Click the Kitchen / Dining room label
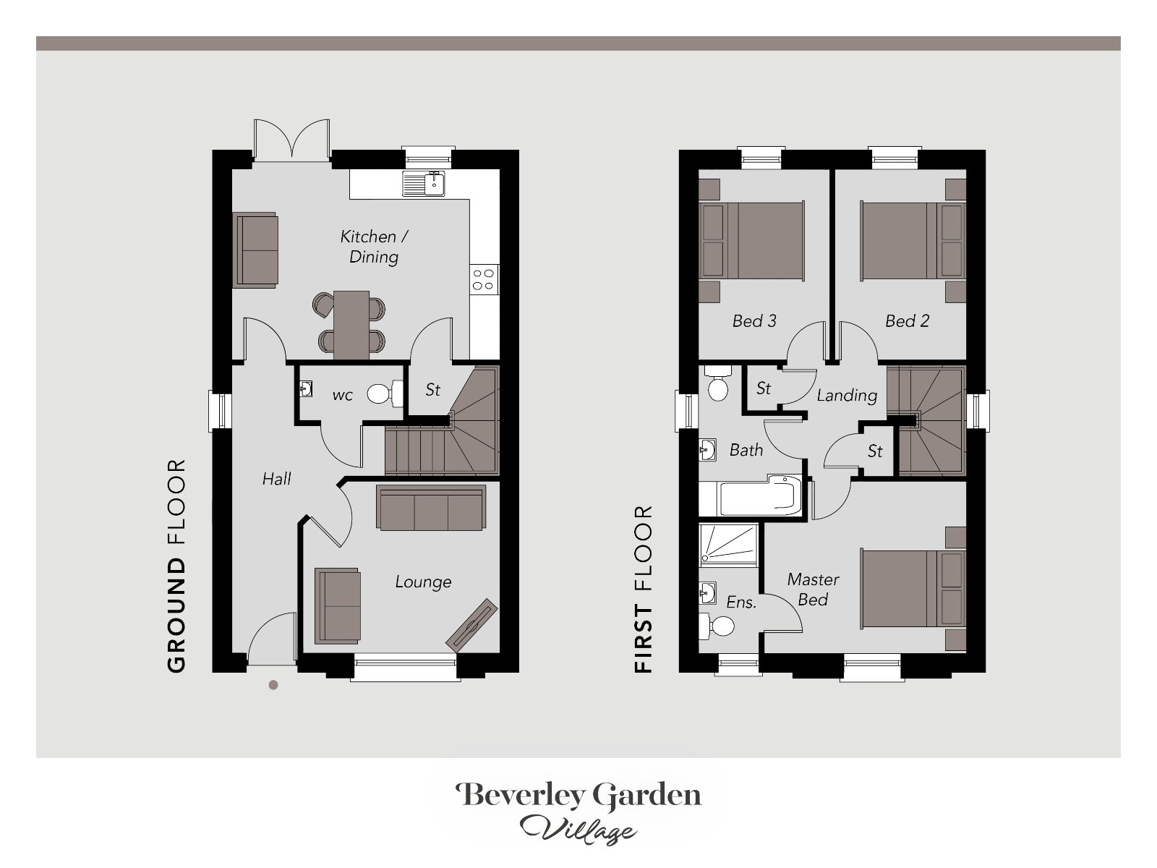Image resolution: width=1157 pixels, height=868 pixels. point(374,247)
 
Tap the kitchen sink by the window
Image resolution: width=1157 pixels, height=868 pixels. point(423,183)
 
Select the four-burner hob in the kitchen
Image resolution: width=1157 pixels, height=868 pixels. point(483,279)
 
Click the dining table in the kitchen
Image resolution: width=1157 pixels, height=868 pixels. point(351,325)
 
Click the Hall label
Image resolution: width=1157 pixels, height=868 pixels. point(276,479)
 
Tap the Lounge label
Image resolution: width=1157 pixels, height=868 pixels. point(423,582)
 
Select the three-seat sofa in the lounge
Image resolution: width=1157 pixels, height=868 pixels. point(431,508)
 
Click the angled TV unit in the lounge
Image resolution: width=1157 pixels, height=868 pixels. point(471,625)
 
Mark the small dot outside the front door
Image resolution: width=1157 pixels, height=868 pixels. point(273,685)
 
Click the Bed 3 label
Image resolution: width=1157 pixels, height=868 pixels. point(754,321)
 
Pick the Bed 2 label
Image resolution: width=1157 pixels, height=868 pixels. point(907,321)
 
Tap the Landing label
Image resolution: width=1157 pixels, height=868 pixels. point(847,395)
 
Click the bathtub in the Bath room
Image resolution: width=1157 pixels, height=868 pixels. point(751,496)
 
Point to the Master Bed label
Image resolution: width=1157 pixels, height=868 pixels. point(813,590)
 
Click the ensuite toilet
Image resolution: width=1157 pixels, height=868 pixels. point(716,626)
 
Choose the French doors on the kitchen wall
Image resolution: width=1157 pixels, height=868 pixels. point(292,140)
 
